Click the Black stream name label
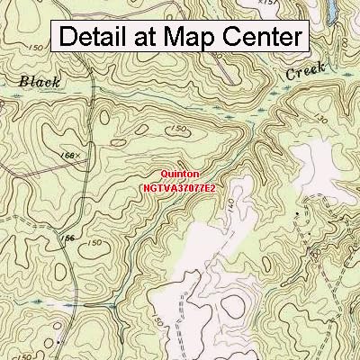39,83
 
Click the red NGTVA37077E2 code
180,190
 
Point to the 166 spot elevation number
65,156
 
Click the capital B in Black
22,83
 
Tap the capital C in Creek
292,75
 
